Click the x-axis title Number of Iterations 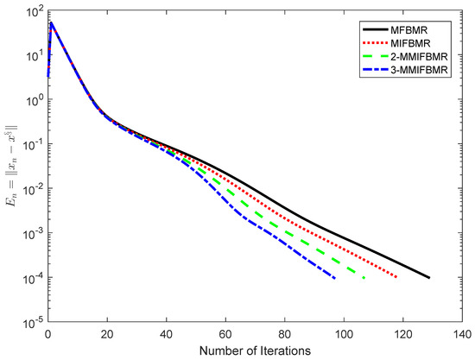click(x=256, y=350)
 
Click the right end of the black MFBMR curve click(x=429, y=277)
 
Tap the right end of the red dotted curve click(x=396, y=277)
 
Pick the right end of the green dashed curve click(x=364, y=277)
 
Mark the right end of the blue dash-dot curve click(x=335, y=278)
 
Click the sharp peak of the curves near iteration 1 click(x=52, y=23)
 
